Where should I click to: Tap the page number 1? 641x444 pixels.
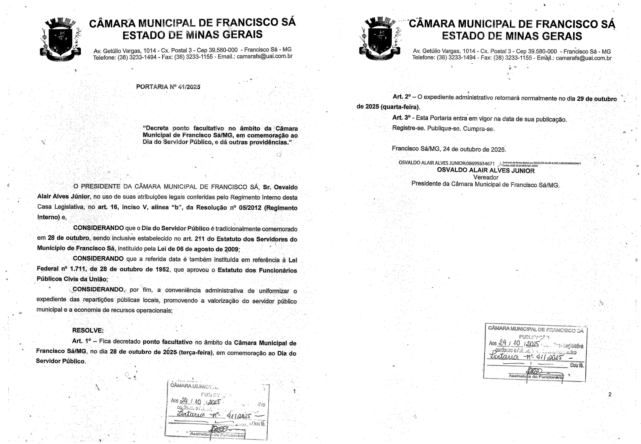pos(294,391)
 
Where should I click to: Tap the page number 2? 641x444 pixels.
pos(610,394)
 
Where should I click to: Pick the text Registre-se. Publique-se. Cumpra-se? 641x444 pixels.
pos(443,129)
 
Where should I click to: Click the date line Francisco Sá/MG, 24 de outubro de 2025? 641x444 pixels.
pos(449,149)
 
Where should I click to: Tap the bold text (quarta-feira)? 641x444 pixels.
pos(400,107)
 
